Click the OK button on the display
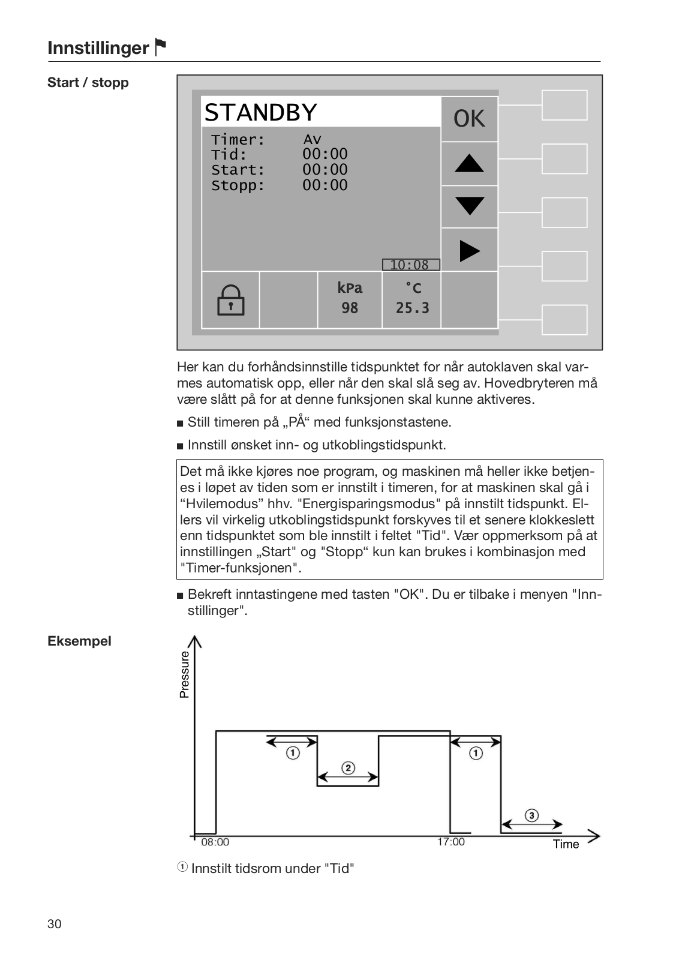click(x=469, y=119)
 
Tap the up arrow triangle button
click(x=469, y=163)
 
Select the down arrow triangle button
click(x=469, y=206)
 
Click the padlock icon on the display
click(x=230, y=300)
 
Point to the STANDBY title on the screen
click(x=260, y=112)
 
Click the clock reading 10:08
click(x=410, y=265)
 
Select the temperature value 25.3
click(x=412, y=308)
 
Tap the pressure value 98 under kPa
click(x=350, y=308)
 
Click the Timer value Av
click(x=312, y=139)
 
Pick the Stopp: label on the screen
click(x=238, y=185)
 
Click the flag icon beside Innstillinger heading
click(x=160, y=47)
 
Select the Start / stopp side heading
click(x=88, y=82)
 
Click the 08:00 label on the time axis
click(x=215, y=842)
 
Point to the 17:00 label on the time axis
click(x=450, y=842)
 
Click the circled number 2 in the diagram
click(x=348, y=768)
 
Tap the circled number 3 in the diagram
click(x=531, y=815)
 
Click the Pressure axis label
click(x=185, y=674)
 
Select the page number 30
click(x=55, y=923)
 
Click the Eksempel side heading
click(x=80, y=641)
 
